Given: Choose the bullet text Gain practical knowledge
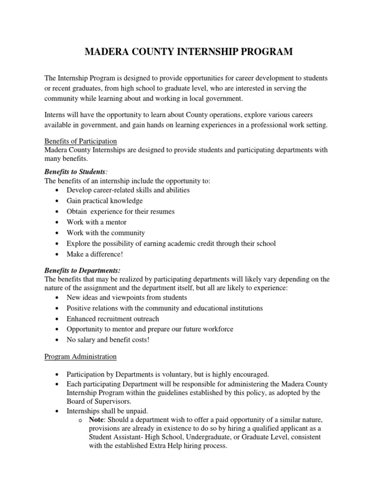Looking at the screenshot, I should [x=105, y=201].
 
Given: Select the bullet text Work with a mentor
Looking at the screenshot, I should [x=96, y=222].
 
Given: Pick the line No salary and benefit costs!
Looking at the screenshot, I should [x=108, y=340].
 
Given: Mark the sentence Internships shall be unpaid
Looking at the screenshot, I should [x=107, y=410].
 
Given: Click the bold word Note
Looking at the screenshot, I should [x=96, y=420].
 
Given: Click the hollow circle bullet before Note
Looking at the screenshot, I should [x=80, y=420].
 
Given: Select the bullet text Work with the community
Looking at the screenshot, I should [x=106, y=233].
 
